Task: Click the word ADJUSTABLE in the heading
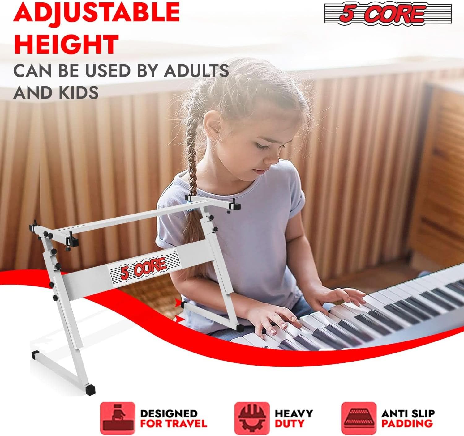click(97, 12)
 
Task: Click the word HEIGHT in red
click(66, 44)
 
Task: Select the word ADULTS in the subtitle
click(196, 71)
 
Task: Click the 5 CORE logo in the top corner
click(388, 14)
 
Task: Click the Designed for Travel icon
click(117, 418)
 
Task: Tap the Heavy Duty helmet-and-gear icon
click(251, 418)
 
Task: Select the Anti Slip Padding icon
click(359, 418)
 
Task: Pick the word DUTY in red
click(290, 423)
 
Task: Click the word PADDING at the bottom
click(407, 423)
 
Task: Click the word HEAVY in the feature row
click(294, 413)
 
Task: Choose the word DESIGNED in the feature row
click(169, 413)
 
